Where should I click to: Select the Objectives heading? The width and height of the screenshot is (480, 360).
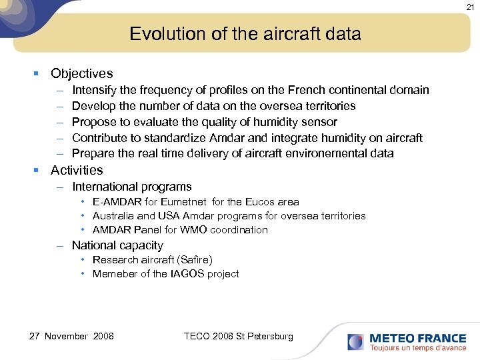(x=81, y=74)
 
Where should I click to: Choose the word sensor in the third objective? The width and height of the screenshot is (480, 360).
(x=320, y=122)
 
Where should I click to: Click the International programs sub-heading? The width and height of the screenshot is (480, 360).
(x=131, y=187)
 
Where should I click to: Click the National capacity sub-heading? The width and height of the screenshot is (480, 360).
(x=117, y=245)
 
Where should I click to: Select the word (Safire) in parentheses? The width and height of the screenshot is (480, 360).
(x=192, y=259)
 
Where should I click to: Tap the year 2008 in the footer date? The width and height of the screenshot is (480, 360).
(x=103, y=336)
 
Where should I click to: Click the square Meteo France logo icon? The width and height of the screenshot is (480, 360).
(x=355, y=342)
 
